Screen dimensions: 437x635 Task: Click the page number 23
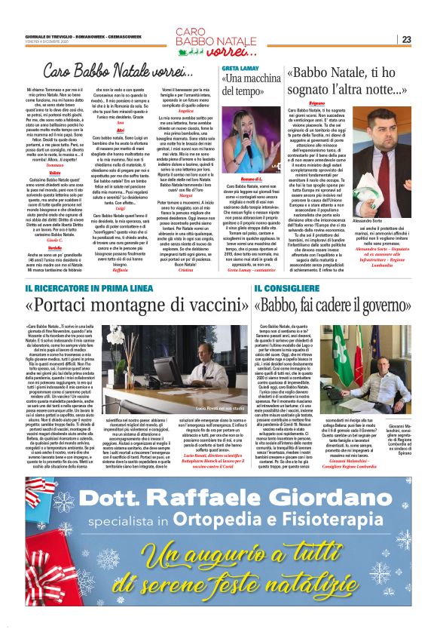[x=426, y=39]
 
